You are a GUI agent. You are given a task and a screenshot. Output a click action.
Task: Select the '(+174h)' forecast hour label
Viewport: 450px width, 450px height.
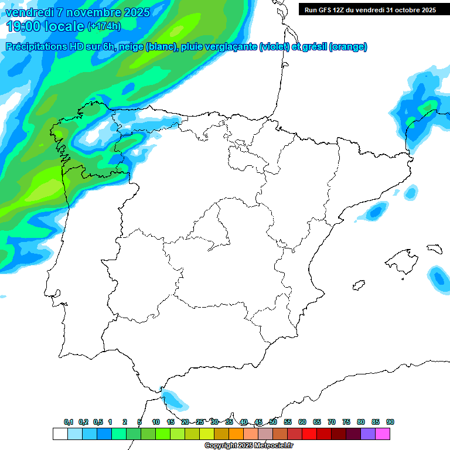click(104, 26)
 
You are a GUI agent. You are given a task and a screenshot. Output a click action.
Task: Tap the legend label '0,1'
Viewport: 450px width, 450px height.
click(69, 422)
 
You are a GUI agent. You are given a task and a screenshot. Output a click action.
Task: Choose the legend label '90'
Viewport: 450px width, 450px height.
click(390, 422)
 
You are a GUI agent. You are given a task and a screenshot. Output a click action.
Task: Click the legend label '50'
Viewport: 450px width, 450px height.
click(273, 422)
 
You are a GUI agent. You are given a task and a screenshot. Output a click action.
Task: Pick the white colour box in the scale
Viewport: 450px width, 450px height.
click(60, 434)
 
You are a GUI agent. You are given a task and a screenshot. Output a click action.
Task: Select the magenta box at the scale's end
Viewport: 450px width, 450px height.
click(383, 434)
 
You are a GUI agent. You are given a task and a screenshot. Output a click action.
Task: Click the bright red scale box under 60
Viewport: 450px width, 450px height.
click(309, 434)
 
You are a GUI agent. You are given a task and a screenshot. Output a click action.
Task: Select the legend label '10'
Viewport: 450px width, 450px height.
click(156, 422)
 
